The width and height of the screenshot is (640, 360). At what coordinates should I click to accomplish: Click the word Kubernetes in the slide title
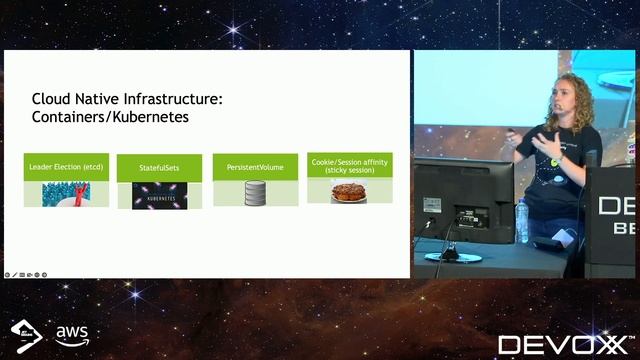[151, 117]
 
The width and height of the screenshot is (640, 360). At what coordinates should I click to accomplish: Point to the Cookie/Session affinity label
[349, 164]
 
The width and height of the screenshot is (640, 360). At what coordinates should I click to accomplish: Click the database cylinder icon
[255, 194]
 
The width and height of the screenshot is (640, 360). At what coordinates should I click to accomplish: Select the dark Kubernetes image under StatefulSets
[160, 195]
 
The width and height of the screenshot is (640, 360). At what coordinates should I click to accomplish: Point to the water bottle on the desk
[521, 221]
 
